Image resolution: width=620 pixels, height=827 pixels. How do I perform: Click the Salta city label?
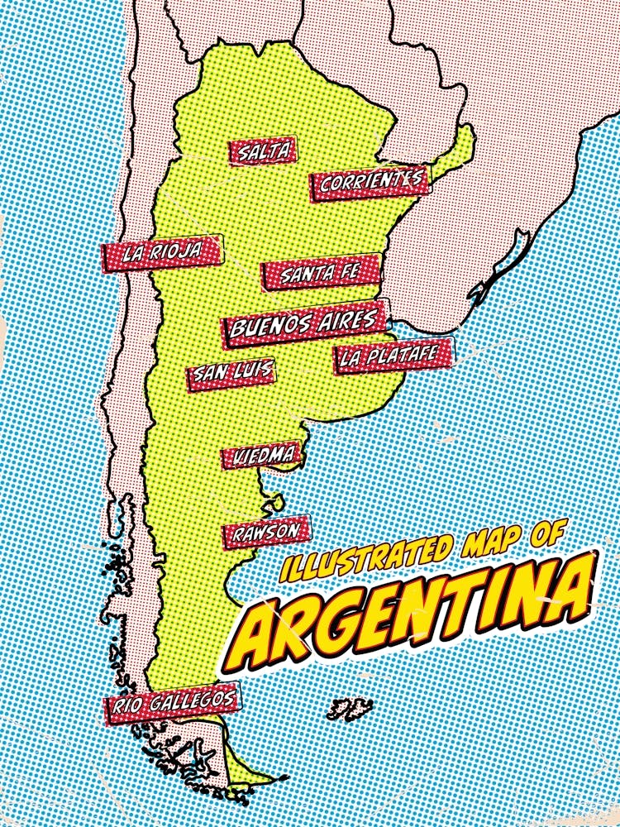264,151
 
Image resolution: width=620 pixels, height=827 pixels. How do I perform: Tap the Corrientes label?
370,183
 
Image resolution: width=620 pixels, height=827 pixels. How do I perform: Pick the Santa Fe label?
321,272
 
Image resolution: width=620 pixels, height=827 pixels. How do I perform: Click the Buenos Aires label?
306,324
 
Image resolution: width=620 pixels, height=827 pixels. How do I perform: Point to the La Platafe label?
393,356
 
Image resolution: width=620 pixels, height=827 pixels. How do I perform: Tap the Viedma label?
260,455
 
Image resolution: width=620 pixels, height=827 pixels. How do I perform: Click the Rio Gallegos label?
173,702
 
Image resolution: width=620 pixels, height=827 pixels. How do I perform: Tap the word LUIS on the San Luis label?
252,370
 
